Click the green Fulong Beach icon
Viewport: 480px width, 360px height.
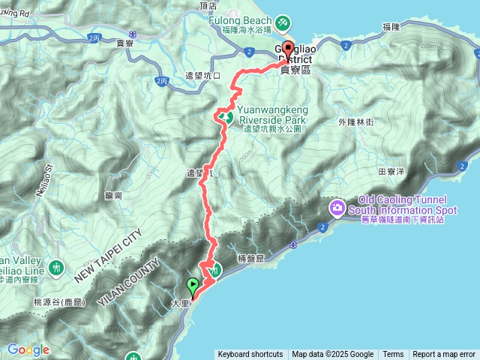tap(282, 23)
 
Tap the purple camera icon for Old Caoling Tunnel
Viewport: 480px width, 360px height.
tap(337, 206)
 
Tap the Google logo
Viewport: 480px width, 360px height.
tap(28, 349)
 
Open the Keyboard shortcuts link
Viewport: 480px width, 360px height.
tap(250, 355)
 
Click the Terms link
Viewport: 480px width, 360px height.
tap(393, 355)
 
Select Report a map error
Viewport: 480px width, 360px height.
tap(444, 355)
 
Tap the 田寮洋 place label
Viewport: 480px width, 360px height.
tap(391, 171)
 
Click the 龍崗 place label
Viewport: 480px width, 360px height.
tap(114, 194)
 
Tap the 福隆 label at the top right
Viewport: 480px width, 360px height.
tap(391, 26)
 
